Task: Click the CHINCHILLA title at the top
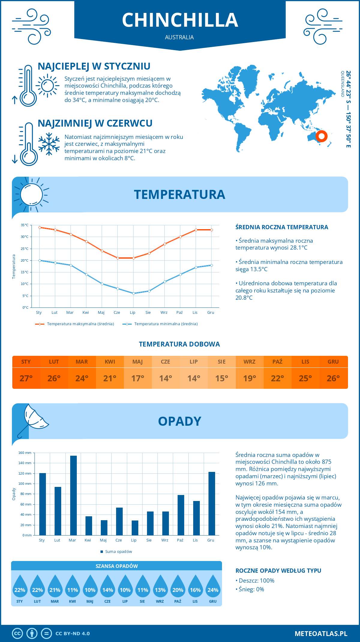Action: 180,20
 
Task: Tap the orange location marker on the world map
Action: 321,136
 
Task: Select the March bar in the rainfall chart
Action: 73,495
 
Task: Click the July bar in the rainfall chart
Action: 135,528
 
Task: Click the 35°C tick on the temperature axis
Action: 25,225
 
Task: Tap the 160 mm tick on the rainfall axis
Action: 25,453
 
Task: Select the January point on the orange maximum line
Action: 40,227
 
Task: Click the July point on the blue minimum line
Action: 133,293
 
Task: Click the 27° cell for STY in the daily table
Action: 26,378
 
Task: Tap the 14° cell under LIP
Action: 193,378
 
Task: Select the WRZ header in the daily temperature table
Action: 249,362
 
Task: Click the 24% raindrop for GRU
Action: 213,590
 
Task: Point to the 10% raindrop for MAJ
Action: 90,590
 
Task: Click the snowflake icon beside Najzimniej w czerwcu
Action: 49,144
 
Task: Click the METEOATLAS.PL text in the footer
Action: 321,633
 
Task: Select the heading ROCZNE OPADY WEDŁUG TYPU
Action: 278,571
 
